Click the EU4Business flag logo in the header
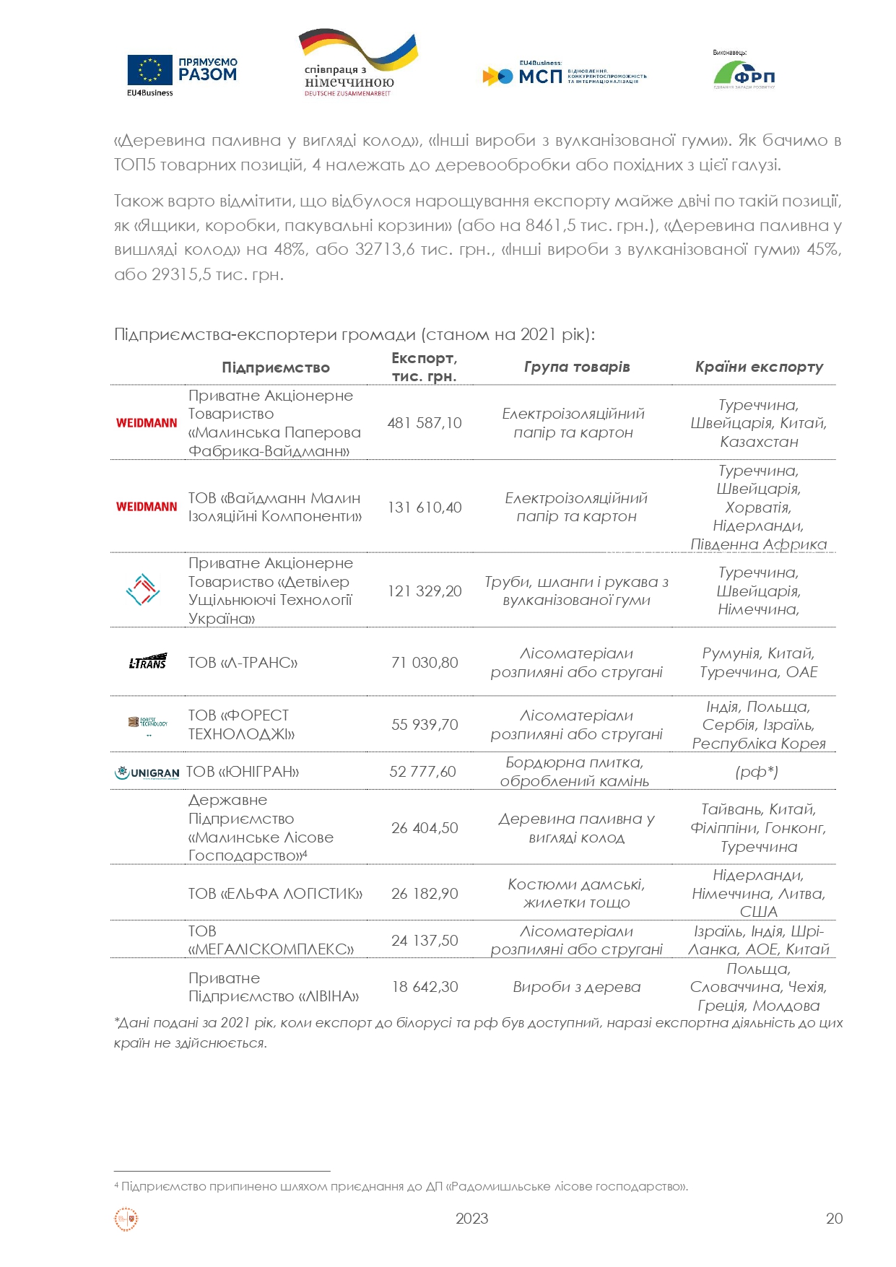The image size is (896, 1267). (150, 71)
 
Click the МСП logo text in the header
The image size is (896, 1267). (539, 75)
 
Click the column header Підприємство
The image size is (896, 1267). (275, 367)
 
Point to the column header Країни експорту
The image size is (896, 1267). (759, 367)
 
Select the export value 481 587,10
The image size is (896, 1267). (424, 423)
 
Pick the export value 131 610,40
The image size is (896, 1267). (424, 508)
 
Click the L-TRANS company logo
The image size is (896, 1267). (147, 662)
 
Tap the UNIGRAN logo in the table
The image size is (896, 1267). (147, 772)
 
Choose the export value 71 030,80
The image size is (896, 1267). (424, 663)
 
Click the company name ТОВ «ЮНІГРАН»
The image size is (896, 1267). (243, 772)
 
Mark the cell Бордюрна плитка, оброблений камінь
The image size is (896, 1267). (575, 772)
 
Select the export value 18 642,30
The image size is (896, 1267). (425, 987)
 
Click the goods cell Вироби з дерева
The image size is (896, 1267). (576, 987)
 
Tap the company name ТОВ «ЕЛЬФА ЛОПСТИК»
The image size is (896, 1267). (275, 894)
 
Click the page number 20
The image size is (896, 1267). (834, 1219)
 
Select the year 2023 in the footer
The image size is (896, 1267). (471, 1219)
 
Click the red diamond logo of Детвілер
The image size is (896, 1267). (143, 590)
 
